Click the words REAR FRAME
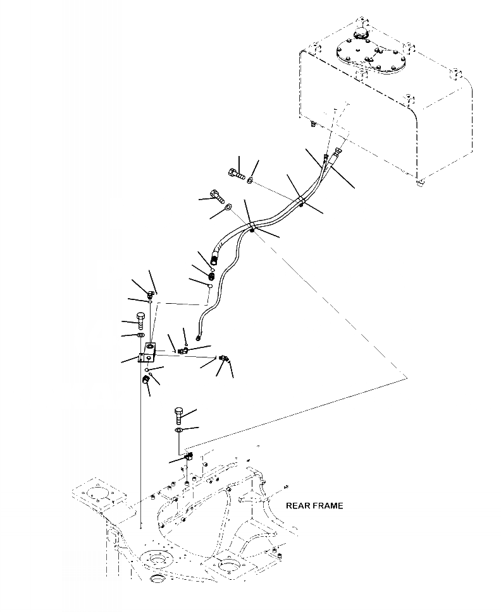[314, 505]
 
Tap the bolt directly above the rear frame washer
[178, 416]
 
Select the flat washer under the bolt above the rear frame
[179, 431]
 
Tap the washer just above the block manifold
[140, 334]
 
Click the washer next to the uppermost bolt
[250, 181]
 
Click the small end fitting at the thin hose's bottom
[201, 327]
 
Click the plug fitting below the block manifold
[145, 379]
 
